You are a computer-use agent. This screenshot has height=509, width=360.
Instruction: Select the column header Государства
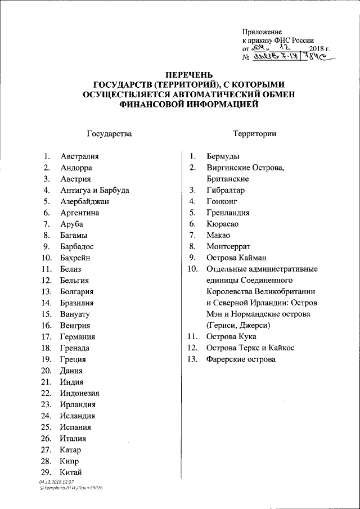coord(110,134)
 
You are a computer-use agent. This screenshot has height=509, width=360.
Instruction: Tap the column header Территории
coord(253,134)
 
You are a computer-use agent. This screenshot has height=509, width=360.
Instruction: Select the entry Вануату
coord(75,314)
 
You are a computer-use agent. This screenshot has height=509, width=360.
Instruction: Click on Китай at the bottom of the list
coord(71,472)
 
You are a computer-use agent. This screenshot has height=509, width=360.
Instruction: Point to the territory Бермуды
coord(223,156)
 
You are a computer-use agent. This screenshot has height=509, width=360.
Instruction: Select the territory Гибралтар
coord(225,190)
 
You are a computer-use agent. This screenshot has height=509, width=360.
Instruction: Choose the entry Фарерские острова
coord(241,359)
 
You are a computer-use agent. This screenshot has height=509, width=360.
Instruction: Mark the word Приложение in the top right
coord(262,32)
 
